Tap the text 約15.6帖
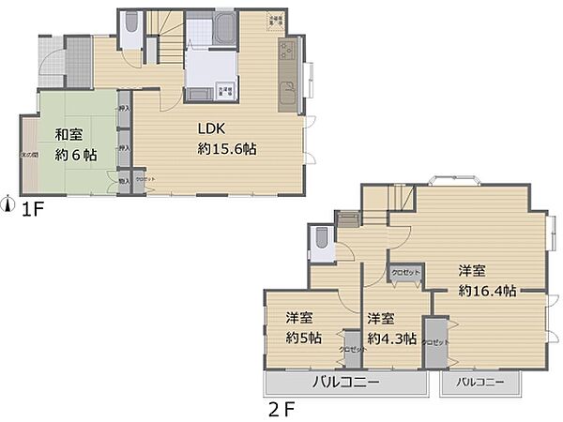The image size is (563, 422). (227, 149)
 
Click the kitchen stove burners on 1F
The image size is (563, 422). (286, 53)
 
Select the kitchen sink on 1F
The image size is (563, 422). (285, 93)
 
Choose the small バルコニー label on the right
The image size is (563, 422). (480, 384)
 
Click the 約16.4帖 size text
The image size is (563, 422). (486, 291)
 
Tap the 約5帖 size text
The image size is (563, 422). (303, 339)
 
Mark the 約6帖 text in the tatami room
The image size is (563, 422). (75, 156)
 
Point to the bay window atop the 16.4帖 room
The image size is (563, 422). (446, 179)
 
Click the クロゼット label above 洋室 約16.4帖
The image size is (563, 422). (407, 271)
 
